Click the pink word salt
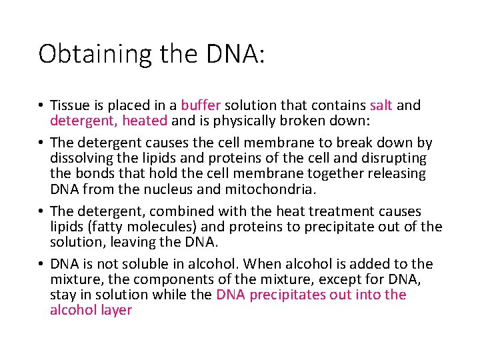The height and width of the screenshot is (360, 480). (x=381, y=105)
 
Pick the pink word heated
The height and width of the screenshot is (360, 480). (x=145, y=121)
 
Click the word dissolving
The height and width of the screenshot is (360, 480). (x=79, y=159)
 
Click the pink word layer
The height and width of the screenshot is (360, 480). (x=115, y=310)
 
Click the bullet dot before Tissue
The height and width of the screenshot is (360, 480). (x=41, y=106)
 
